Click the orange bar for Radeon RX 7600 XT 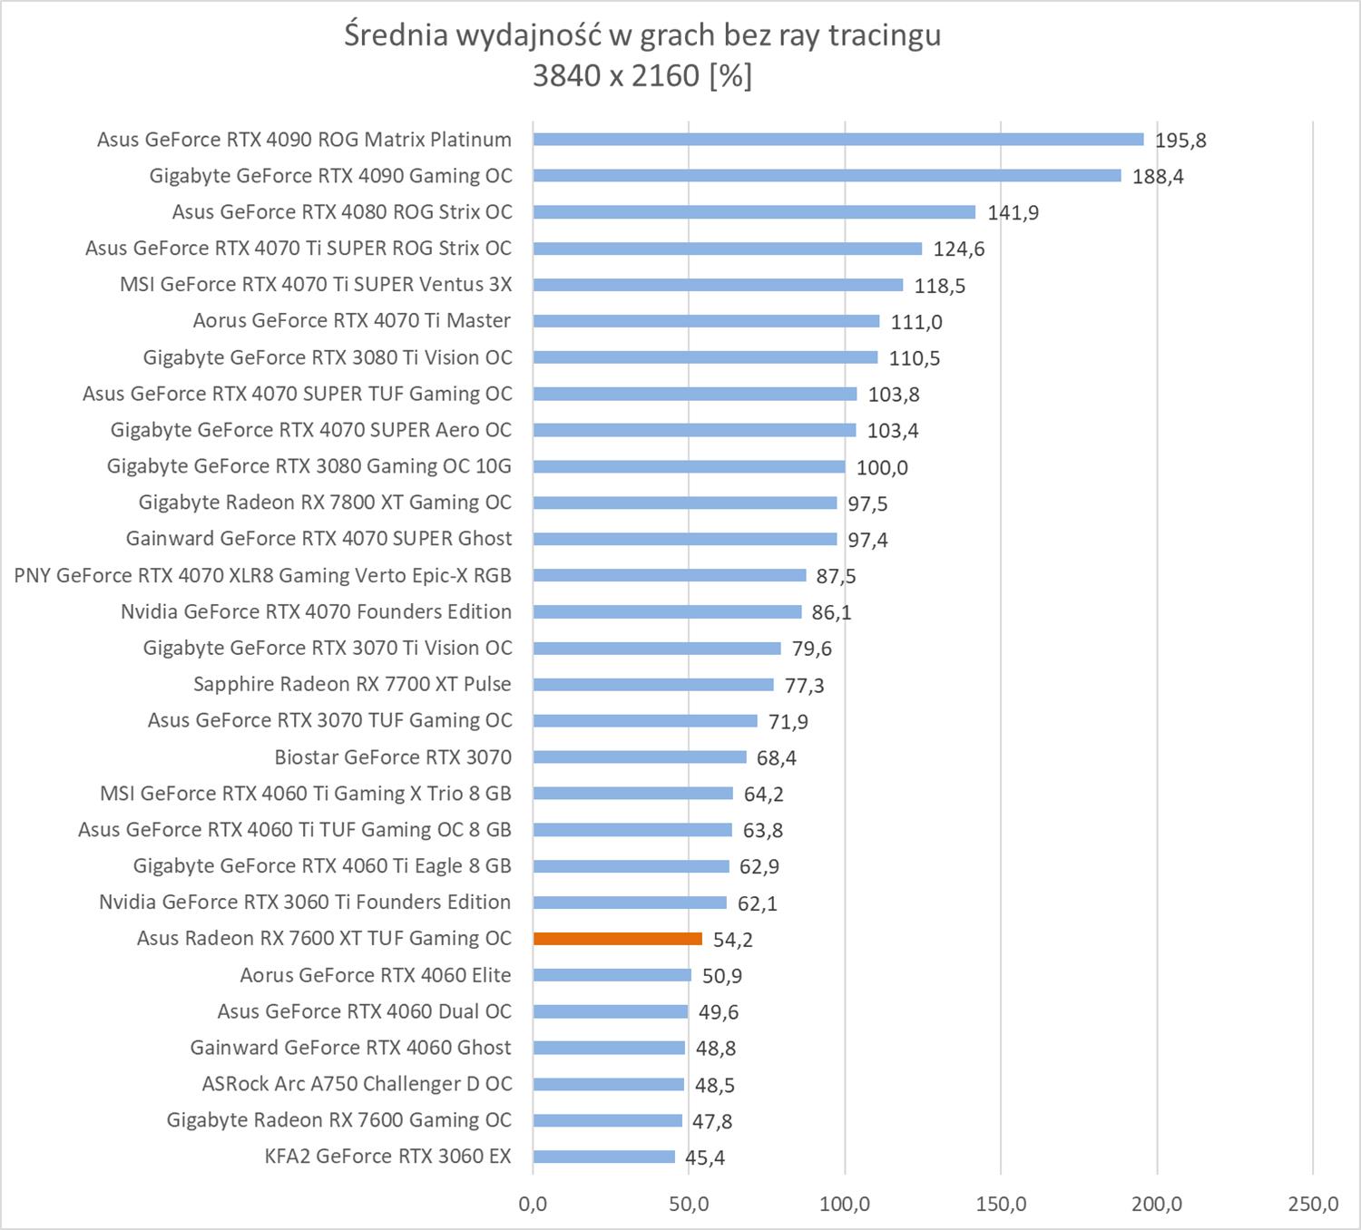click(x=617, y=939)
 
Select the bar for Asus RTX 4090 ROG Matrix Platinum click(x=838, y=140)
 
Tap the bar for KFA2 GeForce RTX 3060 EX click(x=604, y=1157)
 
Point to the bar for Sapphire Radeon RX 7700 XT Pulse click(x=653, y=685)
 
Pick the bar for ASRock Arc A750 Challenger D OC click(x=609, y=1084)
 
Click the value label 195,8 click(x=1180, y=141)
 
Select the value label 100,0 click(x=882, y=468)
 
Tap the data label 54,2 click(x=732, y=940)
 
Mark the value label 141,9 click(x=1013, y=213)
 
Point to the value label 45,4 click(x=705, y=1157)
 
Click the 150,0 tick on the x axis click(x=1001, y=1204)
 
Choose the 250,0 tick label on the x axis click(x=1313, y=1204)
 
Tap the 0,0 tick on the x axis click(x=533, y=1204)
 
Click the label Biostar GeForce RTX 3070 click(x=393, y=757)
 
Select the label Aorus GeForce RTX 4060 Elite click(x=375, y=975)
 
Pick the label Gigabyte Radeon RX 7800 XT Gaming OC click(x=325, y=503)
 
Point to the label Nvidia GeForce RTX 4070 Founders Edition click(x=316, y=611)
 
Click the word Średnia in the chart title click(x=396, y=34)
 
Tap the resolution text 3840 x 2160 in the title click(x=615, y=75)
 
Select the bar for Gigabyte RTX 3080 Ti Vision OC click(x=705, y=357)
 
